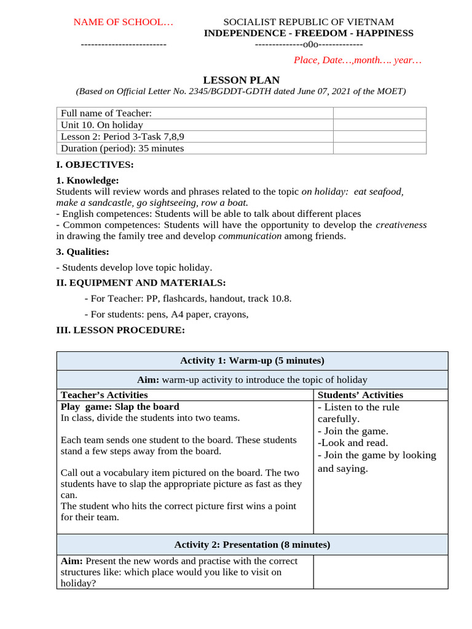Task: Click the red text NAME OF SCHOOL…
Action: coord(124,22)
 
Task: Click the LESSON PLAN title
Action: coord(241,80)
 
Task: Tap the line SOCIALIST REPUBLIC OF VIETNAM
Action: coord(308,22)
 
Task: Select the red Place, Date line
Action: coord(358,60)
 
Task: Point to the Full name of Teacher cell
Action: coord(106,113)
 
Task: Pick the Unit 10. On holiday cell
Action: coord(102,125)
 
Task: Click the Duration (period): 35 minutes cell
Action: coord(122,148)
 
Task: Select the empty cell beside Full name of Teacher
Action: coord(379,113)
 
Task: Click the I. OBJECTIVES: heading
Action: coord(95,165)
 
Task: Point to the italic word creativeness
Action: coord(401,225)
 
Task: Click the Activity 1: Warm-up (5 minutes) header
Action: coord(252,361)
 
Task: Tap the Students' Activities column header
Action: coord(360,395)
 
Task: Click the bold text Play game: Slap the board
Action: coord(120,407)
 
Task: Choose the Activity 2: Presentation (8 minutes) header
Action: coord(252,544)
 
